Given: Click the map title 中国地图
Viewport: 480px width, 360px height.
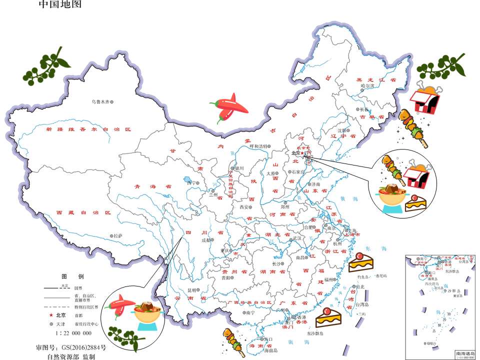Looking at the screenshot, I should [x=59, y=5].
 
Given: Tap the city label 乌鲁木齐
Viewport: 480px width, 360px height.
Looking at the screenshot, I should [x=99, y=101].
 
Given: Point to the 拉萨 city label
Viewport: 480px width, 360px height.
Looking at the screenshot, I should [x=118, y=235].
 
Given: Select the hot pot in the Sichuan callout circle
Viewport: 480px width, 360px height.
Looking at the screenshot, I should [x=147, y=312].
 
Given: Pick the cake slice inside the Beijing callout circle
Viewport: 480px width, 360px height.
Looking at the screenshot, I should [x=414, y=203].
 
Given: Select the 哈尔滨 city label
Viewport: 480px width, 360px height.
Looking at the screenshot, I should [x=367, y=85].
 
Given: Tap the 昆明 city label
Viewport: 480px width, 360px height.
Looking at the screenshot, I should [x=192, y=289].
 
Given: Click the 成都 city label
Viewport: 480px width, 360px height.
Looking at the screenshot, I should [x=206, y=240].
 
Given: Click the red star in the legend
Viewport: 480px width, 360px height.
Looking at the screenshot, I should [x=51, y=315].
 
